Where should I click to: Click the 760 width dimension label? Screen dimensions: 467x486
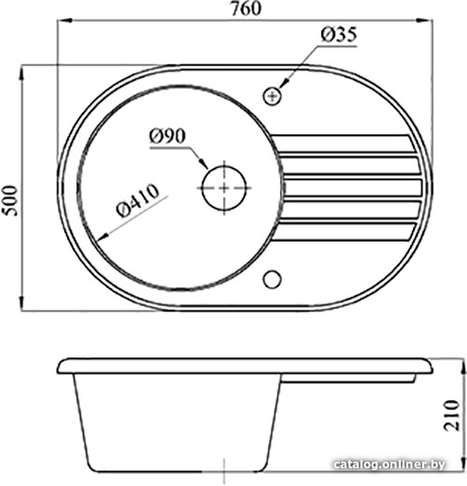tap(246, 8)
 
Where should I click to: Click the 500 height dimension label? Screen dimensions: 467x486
tap(9, 201)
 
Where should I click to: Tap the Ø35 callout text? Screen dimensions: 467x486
tap(339, 35)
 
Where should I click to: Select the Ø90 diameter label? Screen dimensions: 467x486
tap(167, 136)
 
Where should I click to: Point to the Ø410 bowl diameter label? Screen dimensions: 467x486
tap(137, 201)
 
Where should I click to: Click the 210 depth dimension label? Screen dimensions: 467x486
tap(452, 415)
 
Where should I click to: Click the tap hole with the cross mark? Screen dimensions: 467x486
tap(273, 97)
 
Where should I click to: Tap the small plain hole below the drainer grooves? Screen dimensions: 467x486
tap(273, 279)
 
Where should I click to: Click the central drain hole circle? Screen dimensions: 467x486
tap(224, 187)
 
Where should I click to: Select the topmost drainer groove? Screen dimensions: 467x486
tap(343, 144)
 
